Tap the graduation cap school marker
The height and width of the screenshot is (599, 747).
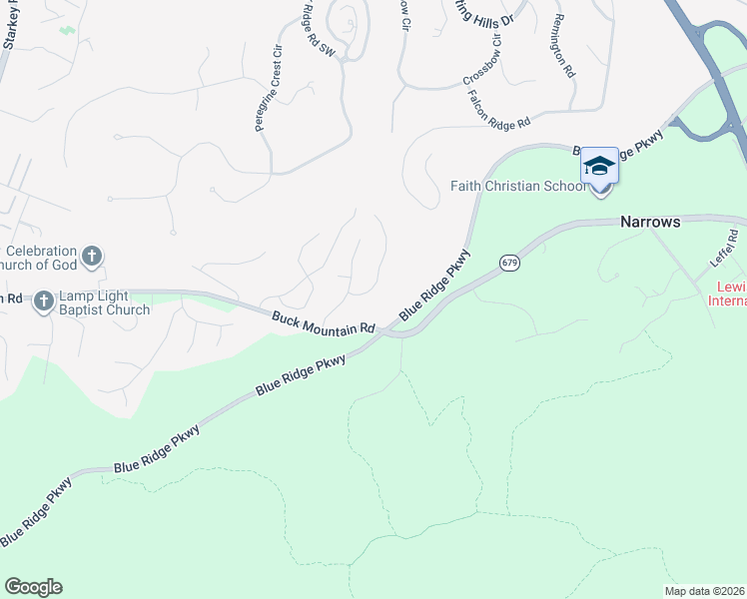click(599, 166)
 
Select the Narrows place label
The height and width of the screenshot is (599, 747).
click(649, 222)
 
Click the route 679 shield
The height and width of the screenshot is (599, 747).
click(509, 263)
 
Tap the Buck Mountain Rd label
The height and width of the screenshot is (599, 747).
click(323, 321)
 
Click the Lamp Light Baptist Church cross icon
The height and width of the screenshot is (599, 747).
click(44, 300)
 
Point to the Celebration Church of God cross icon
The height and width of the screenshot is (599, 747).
click(91, 257)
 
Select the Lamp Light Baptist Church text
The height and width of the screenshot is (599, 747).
click(104, 302)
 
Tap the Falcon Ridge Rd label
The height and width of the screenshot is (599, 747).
click(497, 108)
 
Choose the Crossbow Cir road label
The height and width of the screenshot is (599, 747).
click(486, 67)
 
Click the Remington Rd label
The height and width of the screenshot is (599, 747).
click(564, 46)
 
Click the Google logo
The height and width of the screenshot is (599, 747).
click(33, 587)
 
